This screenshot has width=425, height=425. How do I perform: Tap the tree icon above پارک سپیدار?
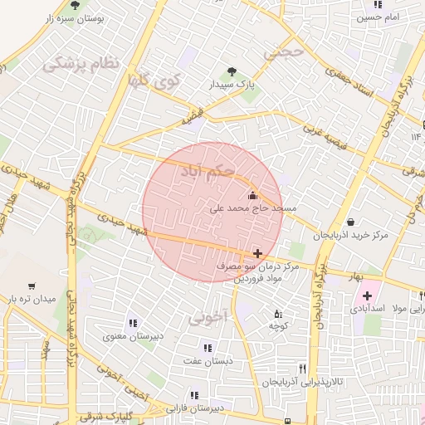(x=232, y=71)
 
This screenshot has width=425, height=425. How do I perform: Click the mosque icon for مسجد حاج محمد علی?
(x=252, y=195)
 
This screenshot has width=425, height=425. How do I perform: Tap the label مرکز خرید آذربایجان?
(x=350, y=237)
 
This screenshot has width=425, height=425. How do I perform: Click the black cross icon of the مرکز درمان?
(x=257, y=253)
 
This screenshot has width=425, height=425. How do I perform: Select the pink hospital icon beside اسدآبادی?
(x=367, y=296)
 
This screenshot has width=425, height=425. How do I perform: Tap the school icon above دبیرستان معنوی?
(x=132, y=323)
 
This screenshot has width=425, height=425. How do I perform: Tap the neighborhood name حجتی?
(x=284, y=52)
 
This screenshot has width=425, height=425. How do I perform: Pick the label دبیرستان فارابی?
(x=194, y=408)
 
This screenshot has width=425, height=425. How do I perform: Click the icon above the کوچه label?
(x=277, y=314)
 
